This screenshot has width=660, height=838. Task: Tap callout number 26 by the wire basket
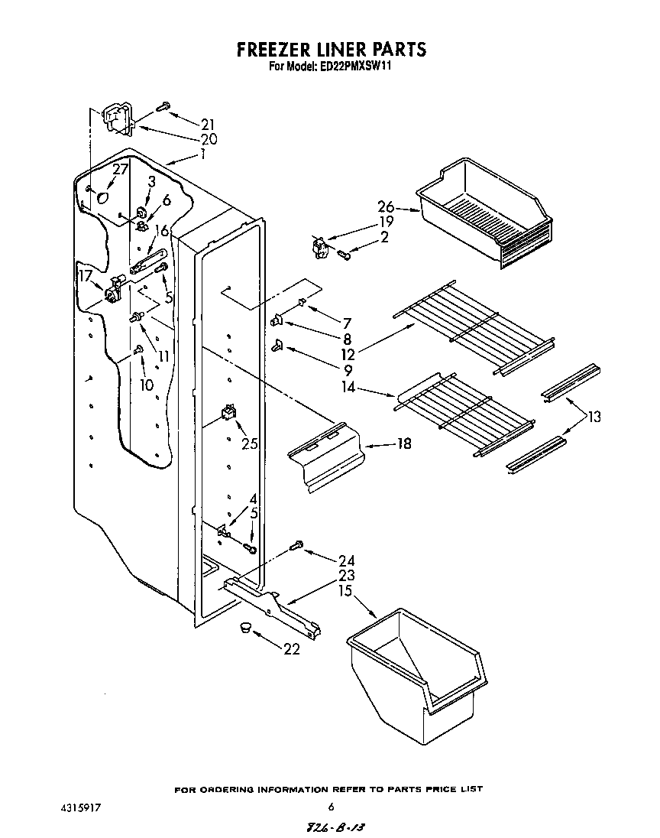386,206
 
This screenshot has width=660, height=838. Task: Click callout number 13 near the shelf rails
594,417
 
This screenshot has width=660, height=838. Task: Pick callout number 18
404,443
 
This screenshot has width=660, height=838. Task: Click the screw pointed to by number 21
163,108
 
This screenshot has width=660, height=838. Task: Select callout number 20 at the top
209,139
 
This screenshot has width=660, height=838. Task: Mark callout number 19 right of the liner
386,222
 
